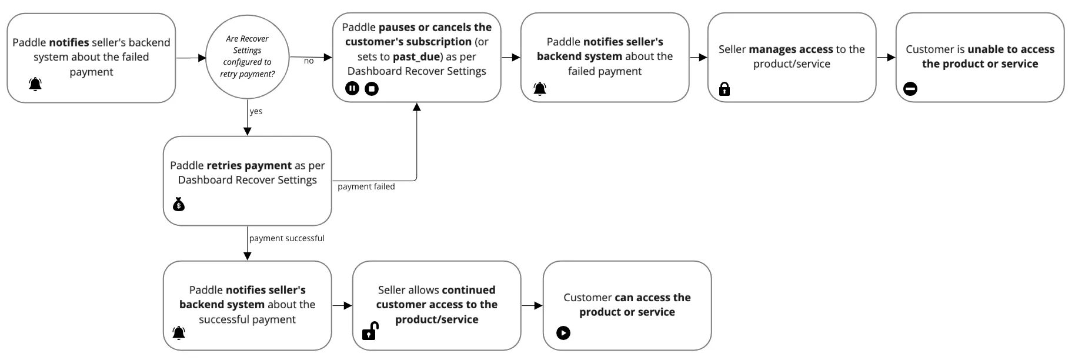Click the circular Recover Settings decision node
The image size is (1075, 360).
(247, 57)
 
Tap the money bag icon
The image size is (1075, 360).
(179, 204)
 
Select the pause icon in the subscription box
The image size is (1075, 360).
(352, 89)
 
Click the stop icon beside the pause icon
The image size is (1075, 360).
(372, 89)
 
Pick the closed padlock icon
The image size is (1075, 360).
(725, 89)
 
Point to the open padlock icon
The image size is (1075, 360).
(370, 331)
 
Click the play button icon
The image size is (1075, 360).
(563, 333)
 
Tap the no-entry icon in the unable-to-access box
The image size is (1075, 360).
(910, 89)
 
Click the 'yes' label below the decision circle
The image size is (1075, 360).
(256, 111)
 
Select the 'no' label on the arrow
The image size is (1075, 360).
(309, 61)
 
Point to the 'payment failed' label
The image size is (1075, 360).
(366, 186)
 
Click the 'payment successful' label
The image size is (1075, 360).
(286, 238)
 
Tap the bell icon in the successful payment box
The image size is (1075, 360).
(179, 333)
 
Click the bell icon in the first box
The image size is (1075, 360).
(35, 84)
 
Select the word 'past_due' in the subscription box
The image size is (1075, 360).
(416, 56)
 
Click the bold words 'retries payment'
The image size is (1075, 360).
(249, 165)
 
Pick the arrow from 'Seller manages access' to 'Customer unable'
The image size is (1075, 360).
(886, 57)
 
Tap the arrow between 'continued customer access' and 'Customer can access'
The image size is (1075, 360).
(532, 305)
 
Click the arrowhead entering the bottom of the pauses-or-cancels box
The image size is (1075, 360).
(417, 107)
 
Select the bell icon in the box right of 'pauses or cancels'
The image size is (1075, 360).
(540, 89)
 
